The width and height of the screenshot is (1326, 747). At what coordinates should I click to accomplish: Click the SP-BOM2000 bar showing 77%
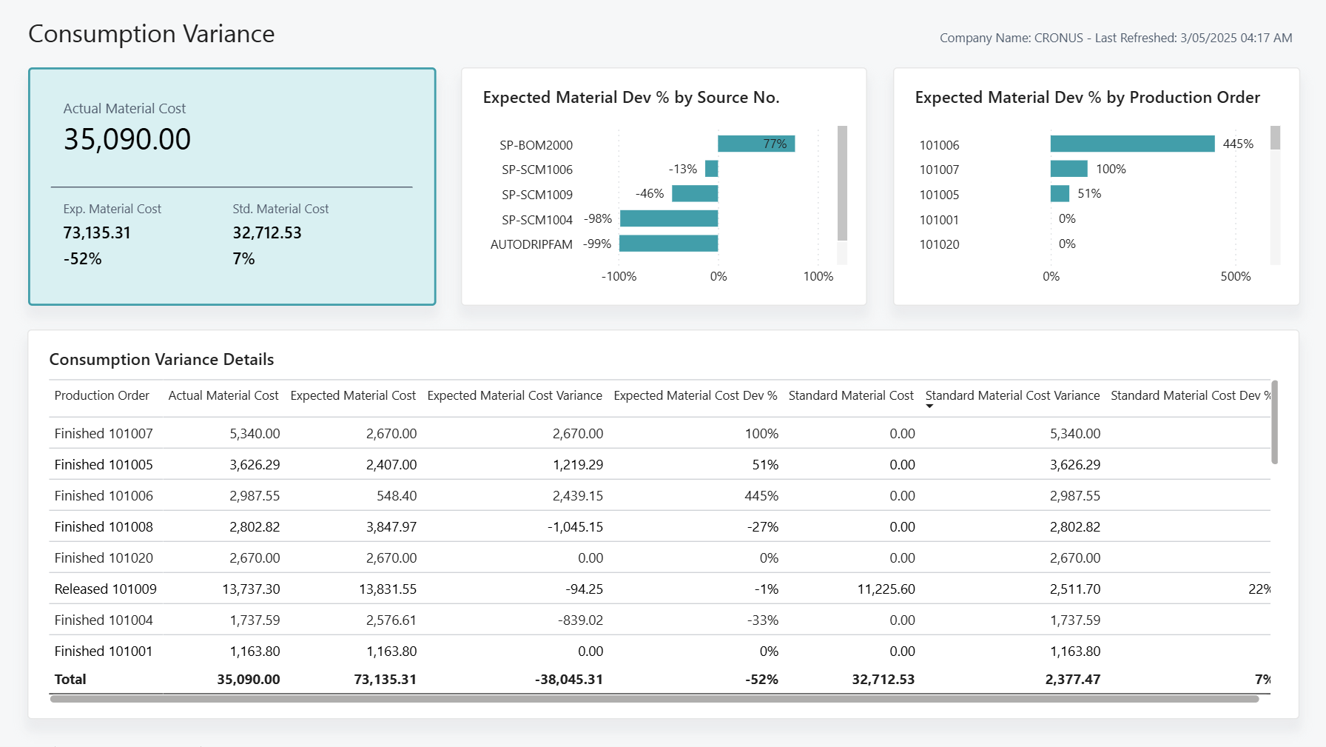click(x=755, y=144)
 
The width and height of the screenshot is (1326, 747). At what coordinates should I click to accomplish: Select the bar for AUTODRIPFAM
click(x=668, y=244)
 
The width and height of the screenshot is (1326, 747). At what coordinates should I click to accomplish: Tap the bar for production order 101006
click(x=1131, y=144)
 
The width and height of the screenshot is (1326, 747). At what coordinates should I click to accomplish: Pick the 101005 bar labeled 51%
click(x=1060, y=194)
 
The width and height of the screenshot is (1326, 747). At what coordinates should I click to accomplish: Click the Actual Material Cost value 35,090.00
click(x=127, y=139)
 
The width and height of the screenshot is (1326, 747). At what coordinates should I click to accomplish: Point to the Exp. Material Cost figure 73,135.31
click(x=97, y=233)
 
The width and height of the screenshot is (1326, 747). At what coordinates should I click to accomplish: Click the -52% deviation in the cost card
click(x=82, y=259)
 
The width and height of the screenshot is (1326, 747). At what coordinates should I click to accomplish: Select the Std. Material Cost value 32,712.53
click(x=267, y=233)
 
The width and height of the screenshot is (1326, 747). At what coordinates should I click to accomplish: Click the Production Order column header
click(x=101, y=395)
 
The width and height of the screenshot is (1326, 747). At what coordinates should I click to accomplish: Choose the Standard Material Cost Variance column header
click(x=1012, y=395)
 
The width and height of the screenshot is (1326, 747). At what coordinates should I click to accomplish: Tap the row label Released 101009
click(x=105, y=589)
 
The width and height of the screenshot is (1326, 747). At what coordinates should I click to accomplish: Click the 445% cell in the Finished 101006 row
click(x=761, y=496)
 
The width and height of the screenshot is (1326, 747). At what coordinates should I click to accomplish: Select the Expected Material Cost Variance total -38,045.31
click(x=568, y=680)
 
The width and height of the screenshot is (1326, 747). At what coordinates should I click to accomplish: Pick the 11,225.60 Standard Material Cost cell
click(x=886, y=589)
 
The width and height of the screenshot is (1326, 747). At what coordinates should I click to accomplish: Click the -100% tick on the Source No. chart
click(x=619, y=277)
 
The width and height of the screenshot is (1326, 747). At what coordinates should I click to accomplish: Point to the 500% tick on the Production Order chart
click(x=1235, y=277)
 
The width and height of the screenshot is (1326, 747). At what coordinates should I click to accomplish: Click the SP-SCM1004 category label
click(x=536, y=220)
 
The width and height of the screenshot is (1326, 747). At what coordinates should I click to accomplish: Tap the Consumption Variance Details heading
click(x=161, y=360)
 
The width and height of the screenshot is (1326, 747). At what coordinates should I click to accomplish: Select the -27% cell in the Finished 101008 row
click(x=762, y=527)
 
